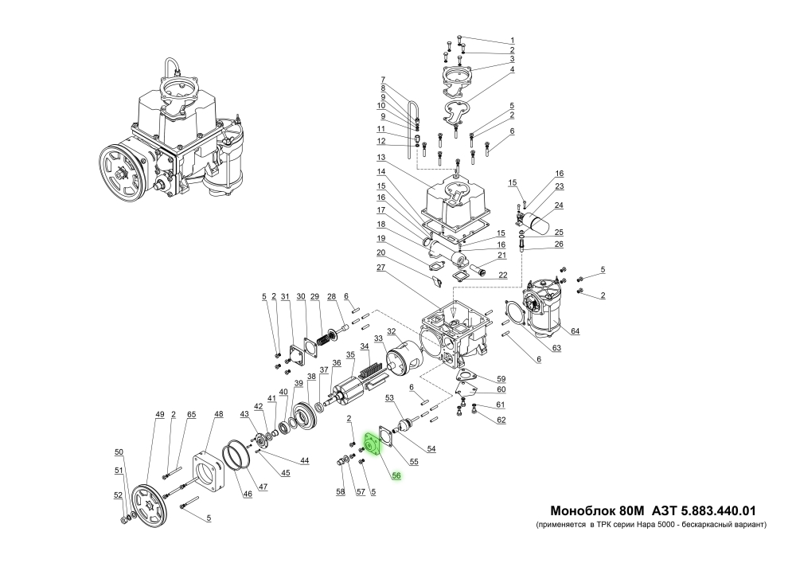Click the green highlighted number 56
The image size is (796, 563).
click(x=396, y=476)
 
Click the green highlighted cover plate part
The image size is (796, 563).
click(x=372, y=443)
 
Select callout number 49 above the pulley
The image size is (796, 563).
click(x=159, y=414)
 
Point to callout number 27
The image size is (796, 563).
click(x=381, y=269)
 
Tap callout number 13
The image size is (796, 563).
click(x=381, y=157)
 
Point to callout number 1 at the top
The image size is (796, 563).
click(x=513, y=40)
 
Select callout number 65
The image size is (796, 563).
click(x=191, y=414)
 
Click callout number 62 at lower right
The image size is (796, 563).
click(x=501, y=420)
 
